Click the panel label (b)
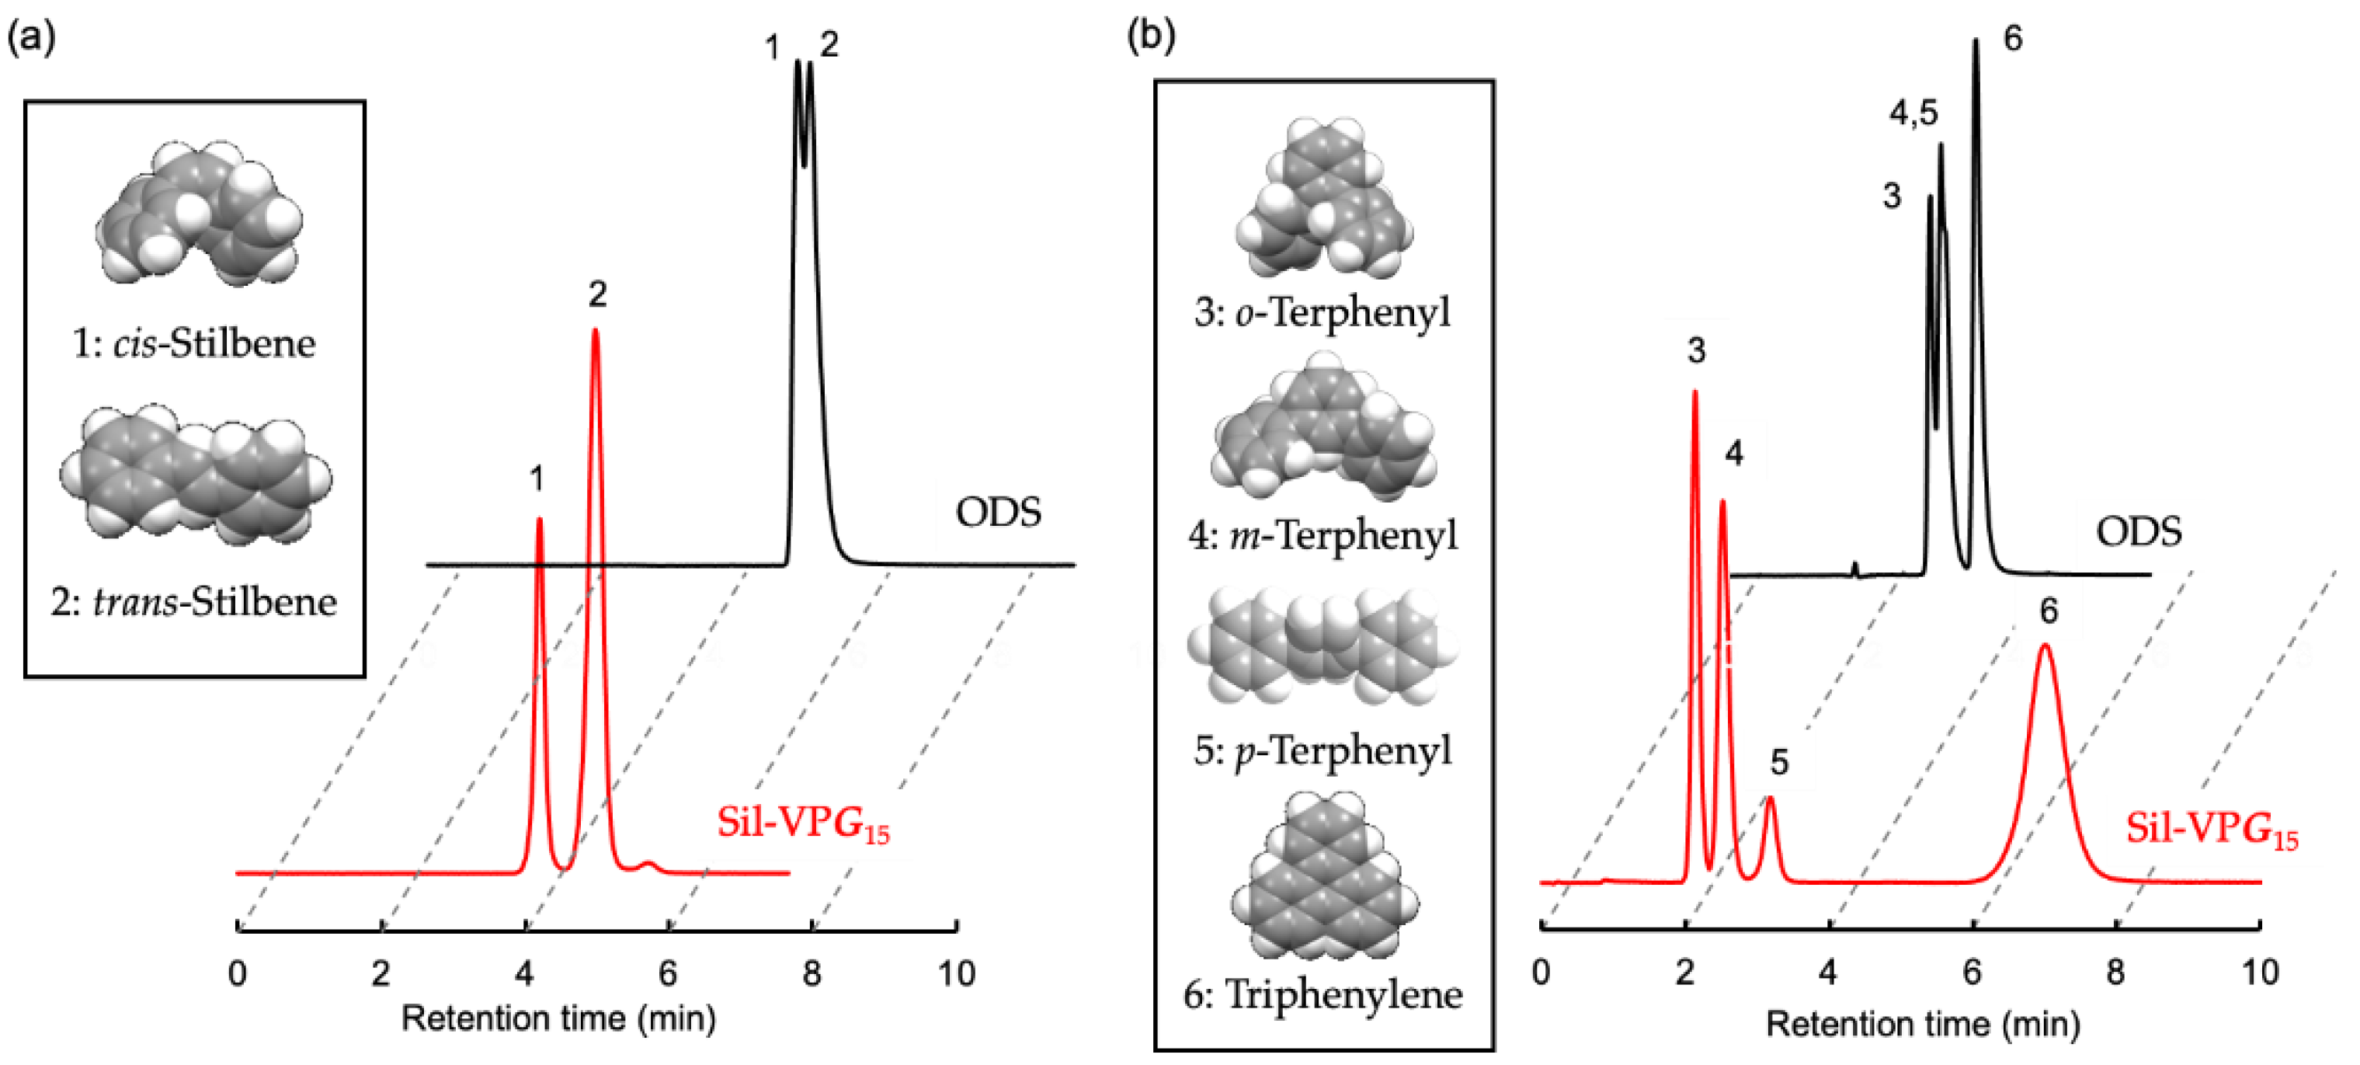pos(1152,36)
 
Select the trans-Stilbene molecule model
pos(195,475)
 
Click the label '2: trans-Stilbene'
pos(194,602)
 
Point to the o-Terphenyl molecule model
pos(1324,200)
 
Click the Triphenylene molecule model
pos(1324,880)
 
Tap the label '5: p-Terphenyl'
pos(1323,750)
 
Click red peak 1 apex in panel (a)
pos(539,523)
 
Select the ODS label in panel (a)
pos(998,513)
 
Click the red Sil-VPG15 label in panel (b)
pos(2211,829)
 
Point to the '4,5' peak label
pos(1913,113)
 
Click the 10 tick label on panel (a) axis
pos(955,973)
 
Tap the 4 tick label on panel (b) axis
pos(1828,973)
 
